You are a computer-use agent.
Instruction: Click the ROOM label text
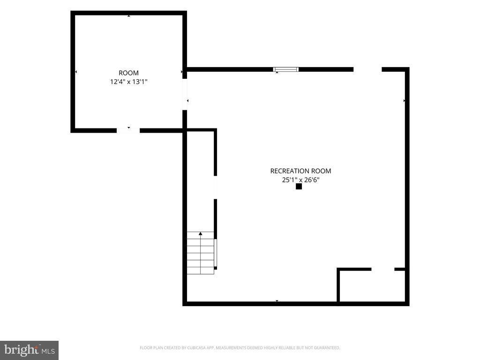pyautogui.click(x=128, y=73)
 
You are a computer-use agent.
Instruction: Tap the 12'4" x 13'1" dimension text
pyautogui.click(x=128, y=82)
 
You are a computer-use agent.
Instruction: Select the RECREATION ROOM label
pyautogui.click(x=300, y=171)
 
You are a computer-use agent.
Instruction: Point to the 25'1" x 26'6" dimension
pyautogui.click(x=300, y=180)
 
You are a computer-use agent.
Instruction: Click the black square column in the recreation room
pyautogui.click(x=299, y=187)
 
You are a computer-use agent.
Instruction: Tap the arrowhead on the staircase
pyautogui.click(x=201, y=233)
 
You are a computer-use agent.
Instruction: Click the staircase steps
pyautogui.click(x=201, y=253)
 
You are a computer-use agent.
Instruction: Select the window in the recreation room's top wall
pyautogui.click(x=286, y=69)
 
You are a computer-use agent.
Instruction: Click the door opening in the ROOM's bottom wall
pyautogui.click(x=128, y=131)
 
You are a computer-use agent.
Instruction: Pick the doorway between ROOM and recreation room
pyautogui.click(x=185, y=94)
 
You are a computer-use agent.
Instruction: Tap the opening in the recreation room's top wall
pyautogui.click(x=367, y=69)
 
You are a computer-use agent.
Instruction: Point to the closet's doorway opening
pyautogui.click(x=383, y=270)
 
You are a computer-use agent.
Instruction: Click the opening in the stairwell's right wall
pyautogui.click(x=216, y=187)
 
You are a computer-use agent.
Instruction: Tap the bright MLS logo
pyautogui.click(x=30, y=351)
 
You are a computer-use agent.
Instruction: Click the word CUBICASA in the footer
pyautogui.click(x=200, y=348)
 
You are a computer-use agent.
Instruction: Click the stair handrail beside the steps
pyautogui.click(x=216, y=253)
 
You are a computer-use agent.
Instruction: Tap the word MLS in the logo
pyautogui.click(x=48, y=351)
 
